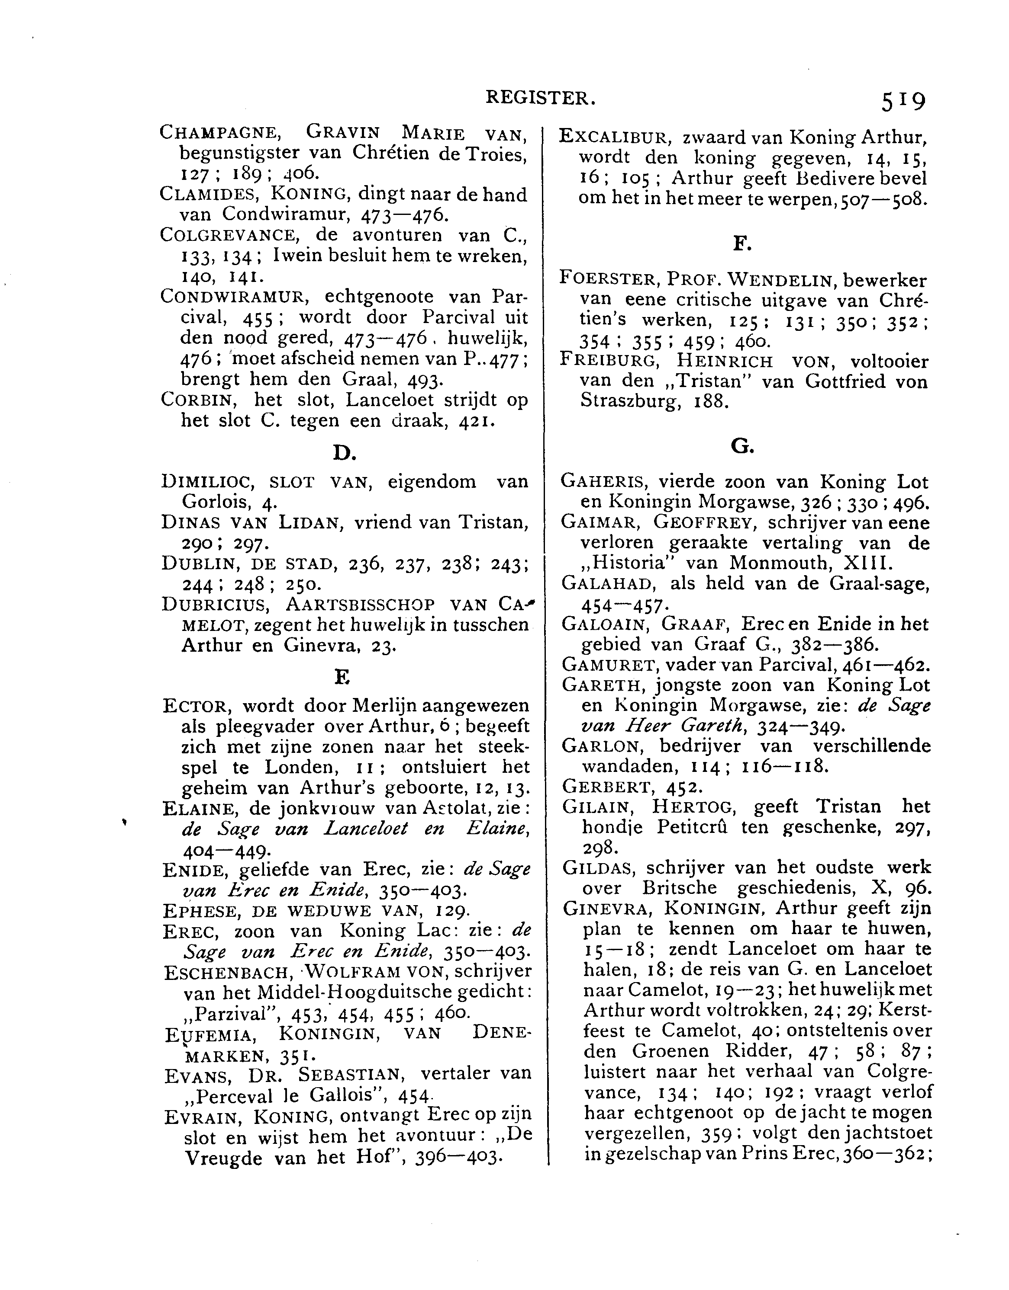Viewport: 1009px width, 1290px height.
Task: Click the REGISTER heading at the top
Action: click(540, 98)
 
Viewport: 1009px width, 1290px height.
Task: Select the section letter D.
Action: click(344, 453)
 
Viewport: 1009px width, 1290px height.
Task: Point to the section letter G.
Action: click(742, 447)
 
